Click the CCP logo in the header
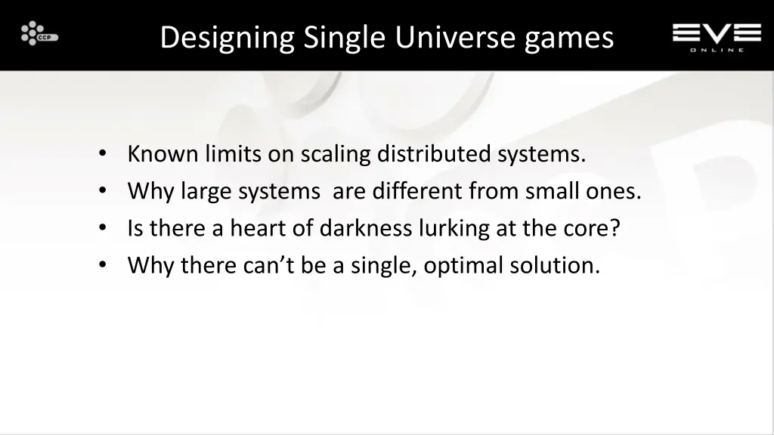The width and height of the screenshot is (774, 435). pyautogui.click(x=39, y=35)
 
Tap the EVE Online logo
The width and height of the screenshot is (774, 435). pyautogui.click(x=717, y=36)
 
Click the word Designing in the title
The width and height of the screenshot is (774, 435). pyautogui.click(x=227, y=36)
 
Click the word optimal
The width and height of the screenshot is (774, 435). pyautogui.click(x=463, y=266)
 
